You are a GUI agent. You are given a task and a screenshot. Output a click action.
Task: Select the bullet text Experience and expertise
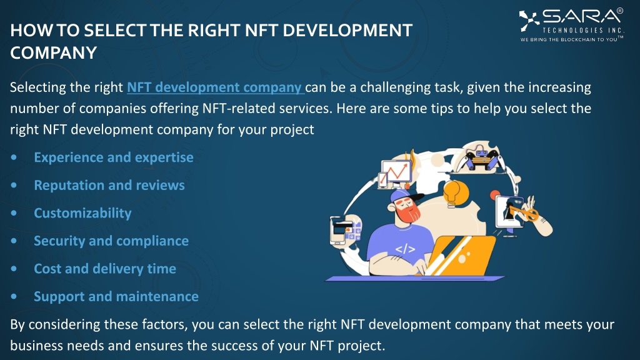coord(114,157)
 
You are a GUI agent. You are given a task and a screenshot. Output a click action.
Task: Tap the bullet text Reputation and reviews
coord(109,185)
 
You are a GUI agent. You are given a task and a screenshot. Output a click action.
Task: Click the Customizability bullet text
coord(82,213)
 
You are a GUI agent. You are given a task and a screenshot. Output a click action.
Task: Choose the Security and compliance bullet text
coord(111,241)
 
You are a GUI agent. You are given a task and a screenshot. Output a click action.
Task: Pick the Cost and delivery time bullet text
coord(105,269)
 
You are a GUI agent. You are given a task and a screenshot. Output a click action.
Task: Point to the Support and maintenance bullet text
coord(116,296)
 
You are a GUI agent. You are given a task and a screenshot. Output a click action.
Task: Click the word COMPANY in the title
coord(54,52)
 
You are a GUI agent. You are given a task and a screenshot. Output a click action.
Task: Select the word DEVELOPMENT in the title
coord(347,30)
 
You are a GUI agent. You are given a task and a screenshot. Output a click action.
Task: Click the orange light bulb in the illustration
coord(454,193)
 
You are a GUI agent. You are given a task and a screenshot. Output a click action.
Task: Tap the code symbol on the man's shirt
coord(405,249)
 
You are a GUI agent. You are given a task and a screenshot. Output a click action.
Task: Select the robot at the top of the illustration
coord(480,159)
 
